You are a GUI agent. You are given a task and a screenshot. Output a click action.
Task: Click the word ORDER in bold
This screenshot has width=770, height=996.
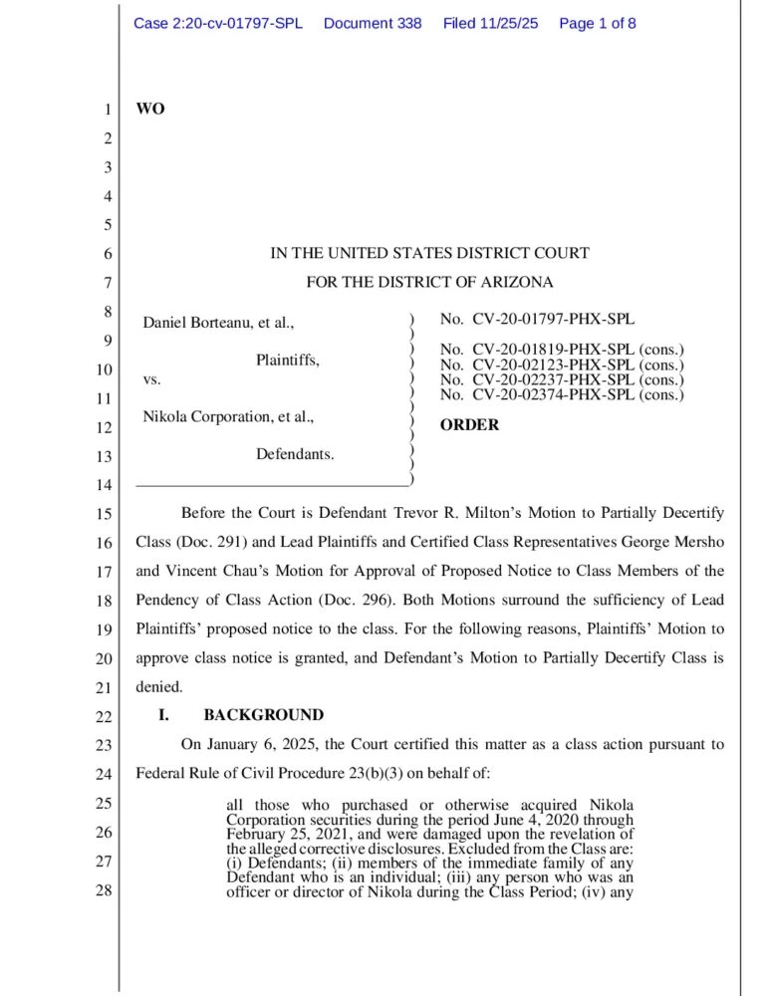tap(470, 425)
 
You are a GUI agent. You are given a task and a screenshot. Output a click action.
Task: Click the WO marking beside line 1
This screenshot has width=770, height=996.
tap(149, 109)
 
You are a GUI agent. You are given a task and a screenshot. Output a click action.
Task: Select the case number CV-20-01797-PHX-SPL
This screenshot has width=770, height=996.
tap(553, 320)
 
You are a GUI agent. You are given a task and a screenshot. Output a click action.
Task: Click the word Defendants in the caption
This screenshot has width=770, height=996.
tap(295, 454)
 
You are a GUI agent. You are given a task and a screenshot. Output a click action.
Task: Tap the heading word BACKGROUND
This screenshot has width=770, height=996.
tap(263, 715)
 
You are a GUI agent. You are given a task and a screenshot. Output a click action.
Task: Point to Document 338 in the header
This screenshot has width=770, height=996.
tap(373, 23)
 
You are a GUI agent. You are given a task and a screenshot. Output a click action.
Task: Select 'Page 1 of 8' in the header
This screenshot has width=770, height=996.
tap(598, 23)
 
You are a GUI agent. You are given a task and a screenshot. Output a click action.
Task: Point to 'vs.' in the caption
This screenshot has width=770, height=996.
tap(152, 379)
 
